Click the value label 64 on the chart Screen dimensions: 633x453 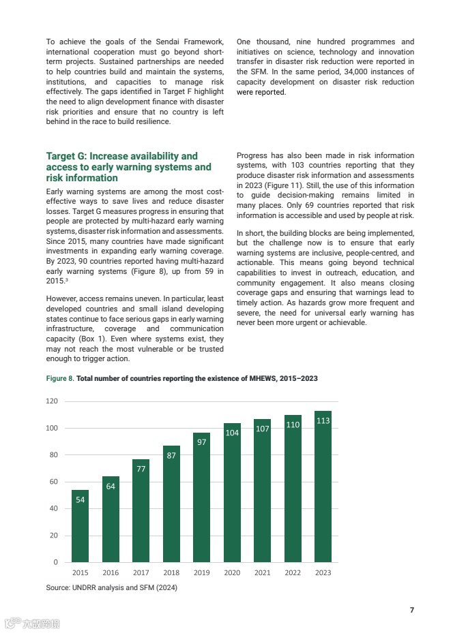(111, 486)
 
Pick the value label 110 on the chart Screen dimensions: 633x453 (293, 424)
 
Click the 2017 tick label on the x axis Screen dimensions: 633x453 (141, 573)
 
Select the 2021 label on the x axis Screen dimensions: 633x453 (263, 573)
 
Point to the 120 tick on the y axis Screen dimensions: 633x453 (52, 401)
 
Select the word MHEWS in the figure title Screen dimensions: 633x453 (256, 378)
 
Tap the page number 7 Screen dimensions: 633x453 (411, 610)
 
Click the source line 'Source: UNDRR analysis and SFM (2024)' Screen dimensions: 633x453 (111, 587)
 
